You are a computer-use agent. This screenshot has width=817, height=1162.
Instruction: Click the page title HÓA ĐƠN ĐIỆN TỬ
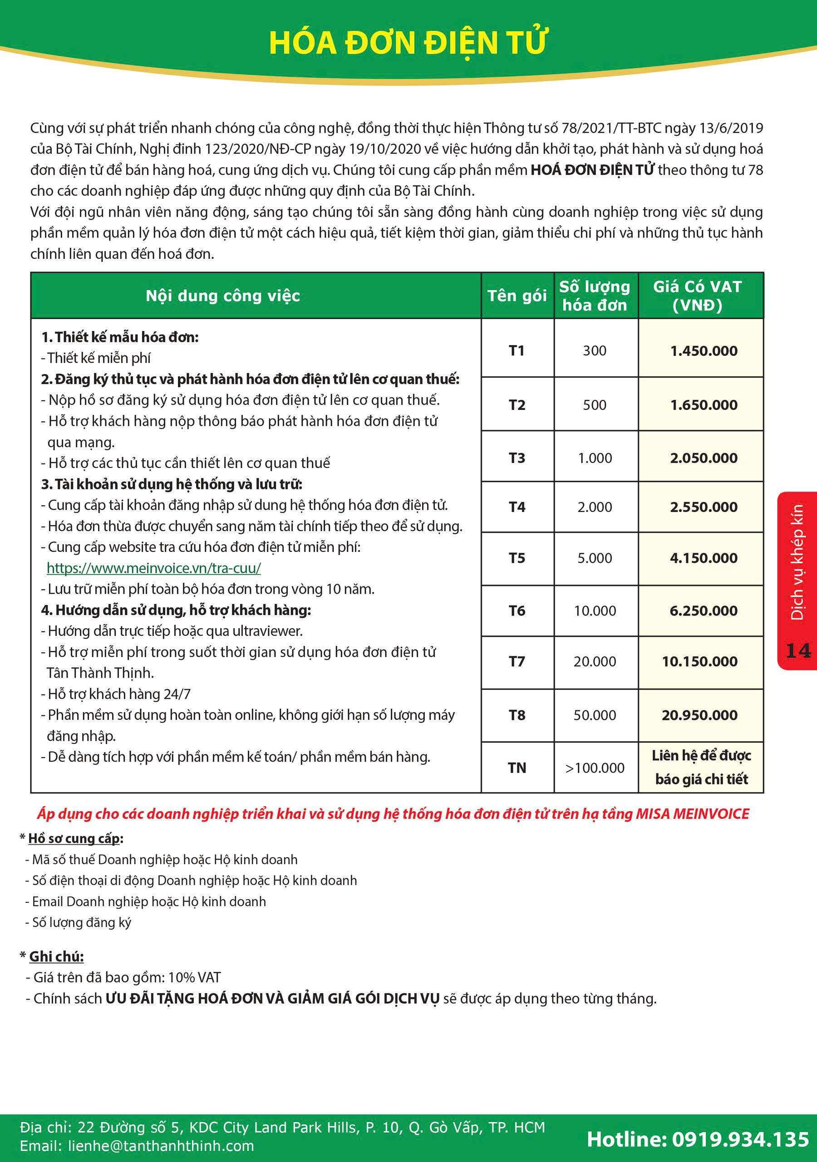pyautogui.click(x=408, y=43)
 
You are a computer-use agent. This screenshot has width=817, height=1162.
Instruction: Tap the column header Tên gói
pyautogui.click(x=517, y=296)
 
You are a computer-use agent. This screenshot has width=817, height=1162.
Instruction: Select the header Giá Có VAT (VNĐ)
pyautogui.click(x=697, y=296)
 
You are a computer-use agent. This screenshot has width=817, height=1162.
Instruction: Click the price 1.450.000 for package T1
pyautogui.click(x=704, y=351)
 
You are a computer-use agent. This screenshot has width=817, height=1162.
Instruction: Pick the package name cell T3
pyautogui.click(x=517, y=458)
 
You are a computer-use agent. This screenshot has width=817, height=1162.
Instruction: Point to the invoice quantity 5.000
pyautogui.click(x=595, y=558)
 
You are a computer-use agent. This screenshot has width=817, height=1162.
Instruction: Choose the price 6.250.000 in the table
pyautogui.click(x=704, y=611)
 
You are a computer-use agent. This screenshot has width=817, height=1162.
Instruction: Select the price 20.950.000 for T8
pyautogui.click(x=699, y=715)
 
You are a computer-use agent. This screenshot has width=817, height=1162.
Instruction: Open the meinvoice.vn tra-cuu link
pyautogui.click(x=154, y=568)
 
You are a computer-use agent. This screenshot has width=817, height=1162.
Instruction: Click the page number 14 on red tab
pyautogui.click(x=798, y=651)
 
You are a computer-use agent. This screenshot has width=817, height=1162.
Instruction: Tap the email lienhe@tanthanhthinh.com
pyautogui.click(x=161, y=1146)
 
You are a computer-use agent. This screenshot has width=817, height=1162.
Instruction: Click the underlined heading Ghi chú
pyautogui.click(x=56, y=956)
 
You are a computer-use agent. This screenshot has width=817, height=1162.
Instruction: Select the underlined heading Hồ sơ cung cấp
pyautogui.click(x=74, y=839)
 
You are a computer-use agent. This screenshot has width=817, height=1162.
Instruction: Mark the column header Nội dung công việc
pyautogui.click(x=223, y=296)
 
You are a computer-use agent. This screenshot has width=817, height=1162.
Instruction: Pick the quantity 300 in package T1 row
pyautogui.click(x=595, y=351)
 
